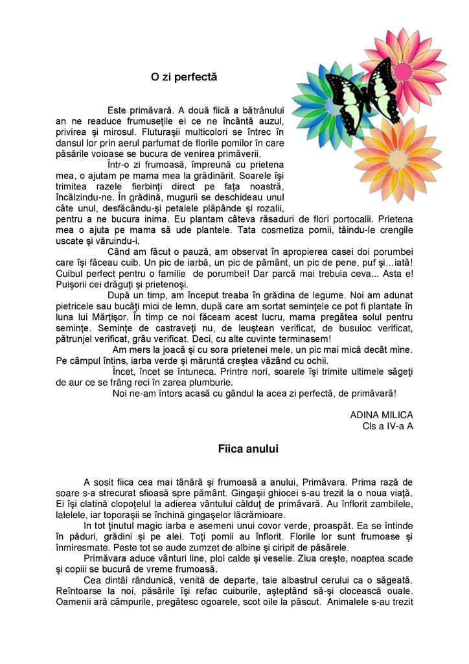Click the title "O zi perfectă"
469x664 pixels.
[184, 77]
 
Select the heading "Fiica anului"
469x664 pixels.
[248, 449]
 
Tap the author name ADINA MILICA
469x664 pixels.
[381, 414]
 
